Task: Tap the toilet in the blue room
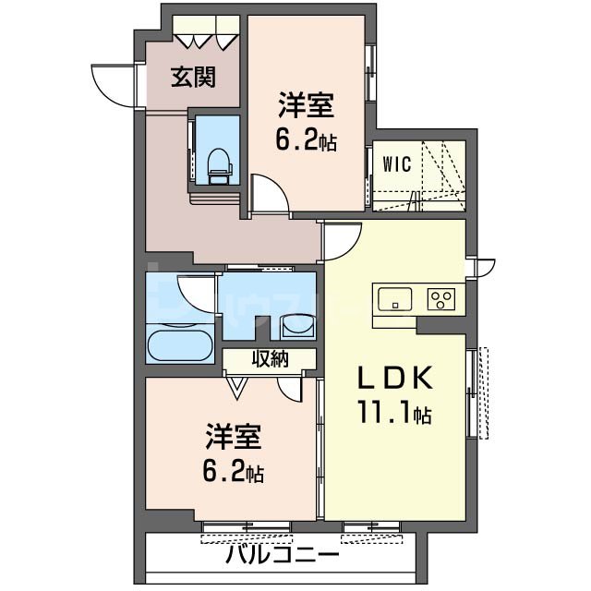point(220,163)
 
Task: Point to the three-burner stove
point(440,299)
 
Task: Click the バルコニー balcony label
point(283,557)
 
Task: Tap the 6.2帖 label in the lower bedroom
point(232,473)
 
